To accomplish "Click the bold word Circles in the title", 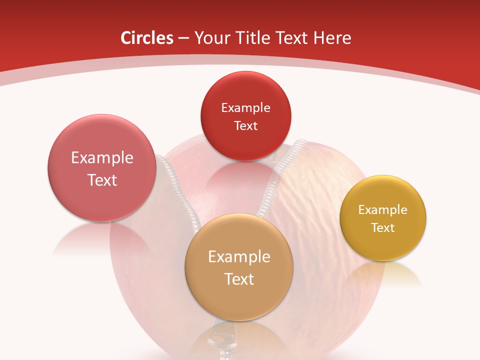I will [146, 38].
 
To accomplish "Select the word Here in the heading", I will [332, 38].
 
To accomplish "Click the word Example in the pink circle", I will [102, 157].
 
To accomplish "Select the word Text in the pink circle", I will [102, 180].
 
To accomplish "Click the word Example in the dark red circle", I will [245, 107].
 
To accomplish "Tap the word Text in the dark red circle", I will [245, 125].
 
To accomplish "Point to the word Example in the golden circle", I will [383, 209].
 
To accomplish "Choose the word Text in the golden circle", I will [383, 227].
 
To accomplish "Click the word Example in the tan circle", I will [239, 256].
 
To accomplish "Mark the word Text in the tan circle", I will [239, 279].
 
